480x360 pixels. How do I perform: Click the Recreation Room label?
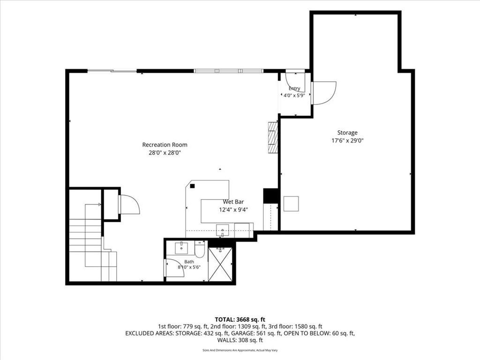click(165, 145)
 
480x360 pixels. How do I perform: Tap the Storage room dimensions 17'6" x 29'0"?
click(347, 141)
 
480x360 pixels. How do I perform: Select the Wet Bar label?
click(233, 202)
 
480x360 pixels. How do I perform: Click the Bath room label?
click(189, 262)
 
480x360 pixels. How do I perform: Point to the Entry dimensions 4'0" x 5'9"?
click(294, 95)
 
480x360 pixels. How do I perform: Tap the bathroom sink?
click(182, 247)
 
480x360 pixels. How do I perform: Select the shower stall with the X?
click(220, 264)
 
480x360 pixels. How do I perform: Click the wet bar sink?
click(223, 230)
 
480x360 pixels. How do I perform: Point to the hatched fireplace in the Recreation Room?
click(273, 137)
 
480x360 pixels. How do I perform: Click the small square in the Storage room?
click(291, 204)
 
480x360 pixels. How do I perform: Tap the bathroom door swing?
click(174, 268)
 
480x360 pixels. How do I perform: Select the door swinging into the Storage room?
click(324, 93)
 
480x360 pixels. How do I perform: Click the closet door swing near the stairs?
click(129, 204)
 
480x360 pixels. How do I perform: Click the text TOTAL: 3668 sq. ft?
click(240, 320)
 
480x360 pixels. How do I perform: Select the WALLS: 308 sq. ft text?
click(240, 340)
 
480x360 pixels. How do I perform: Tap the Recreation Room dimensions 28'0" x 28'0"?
click(165, 153)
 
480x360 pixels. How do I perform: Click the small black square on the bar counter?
click(192, 186)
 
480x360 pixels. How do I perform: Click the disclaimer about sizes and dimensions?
click(240, 350)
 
